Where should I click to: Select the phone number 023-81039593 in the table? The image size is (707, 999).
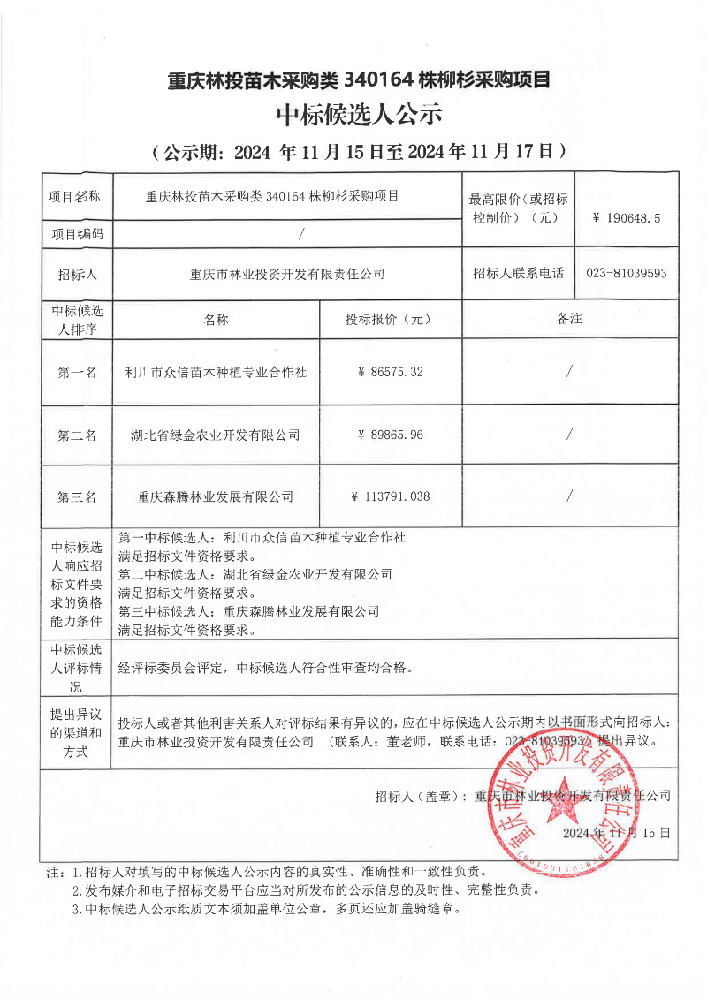(626, 274)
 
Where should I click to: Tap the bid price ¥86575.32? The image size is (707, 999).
(391, 373)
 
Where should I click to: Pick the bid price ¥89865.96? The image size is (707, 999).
(391, 435)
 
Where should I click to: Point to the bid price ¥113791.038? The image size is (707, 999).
(391, 496)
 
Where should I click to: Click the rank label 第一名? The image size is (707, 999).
(77, 373)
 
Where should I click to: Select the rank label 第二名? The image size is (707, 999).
(77, 435)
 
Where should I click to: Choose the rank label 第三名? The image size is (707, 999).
(77, 496)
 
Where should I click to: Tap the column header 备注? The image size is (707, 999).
(570, 319)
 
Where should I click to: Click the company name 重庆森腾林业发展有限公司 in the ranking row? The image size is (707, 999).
(216, 496)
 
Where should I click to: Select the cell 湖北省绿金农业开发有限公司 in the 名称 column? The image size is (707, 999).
(216, 435)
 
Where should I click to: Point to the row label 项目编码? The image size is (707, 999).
(77, 234)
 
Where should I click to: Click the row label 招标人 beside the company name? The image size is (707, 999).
(77, 274)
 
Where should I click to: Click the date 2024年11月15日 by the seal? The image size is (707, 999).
(616, 833)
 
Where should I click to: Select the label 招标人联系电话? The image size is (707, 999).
(518, 274)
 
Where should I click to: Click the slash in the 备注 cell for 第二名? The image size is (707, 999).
(570, 435)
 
